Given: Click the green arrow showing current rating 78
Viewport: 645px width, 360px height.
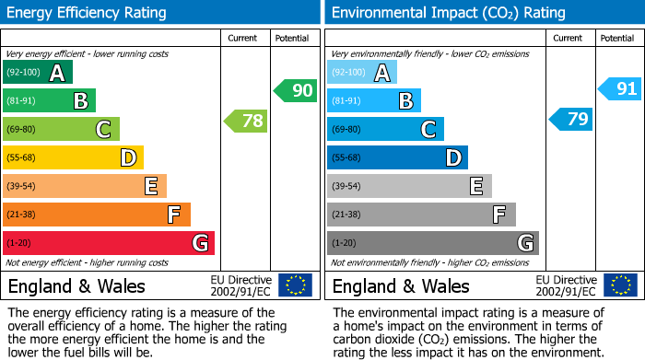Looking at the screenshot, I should pyautogui.click(x=245, y=121).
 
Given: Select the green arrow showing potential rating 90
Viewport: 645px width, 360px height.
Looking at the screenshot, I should pyautogui.click(x=294, y=91).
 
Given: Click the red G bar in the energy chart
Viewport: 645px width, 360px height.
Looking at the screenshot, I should pyautogui.click(x=109, y=243).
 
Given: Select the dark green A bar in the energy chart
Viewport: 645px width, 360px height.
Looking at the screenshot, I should pyautogui.click(x=38, y=73).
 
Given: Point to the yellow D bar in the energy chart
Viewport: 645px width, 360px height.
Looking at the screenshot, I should pyautogui.click(x=73, y=158).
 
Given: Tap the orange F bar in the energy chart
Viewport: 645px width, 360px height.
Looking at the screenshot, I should pyautogui.click(x=97, y=215).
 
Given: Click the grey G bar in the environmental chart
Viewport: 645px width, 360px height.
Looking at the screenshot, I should pyautogui.click(x=432, y=243).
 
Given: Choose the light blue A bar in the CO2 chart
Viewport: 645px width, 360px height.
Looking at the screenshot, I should pyautogui.click(x=362, y=73).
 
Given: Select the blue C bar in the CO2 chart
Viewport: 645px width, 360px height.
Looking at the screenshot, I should pyautogui.click(x=385, y=130).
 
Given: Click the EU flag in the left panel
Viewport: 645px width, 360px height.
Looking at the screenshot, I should pyautogui.click(x=295, y=285).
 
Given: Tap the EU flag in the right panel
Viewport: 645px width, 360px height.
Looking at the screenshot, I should pyautogui.click(x=619, y=285).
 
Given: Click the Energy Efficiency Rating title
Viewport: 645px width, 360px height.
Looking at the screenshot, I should pyautogui.click(x=88, y=13).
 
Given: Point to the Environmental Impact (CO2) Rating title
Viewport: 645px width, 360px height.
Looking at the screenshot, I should pyautogui.click(x=448, y=13).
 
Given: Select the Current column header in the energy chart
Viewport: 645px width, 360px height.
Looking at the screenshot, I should pyautogui.click(x=244, y=38).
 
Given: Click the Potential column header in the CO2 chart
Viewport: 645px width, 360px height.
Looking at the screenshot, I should pyautogui.click(x=617, y=38).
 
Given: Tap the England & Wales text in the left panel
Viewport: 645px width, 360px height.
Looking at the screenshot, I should pyautogui.click(x=76, y=286).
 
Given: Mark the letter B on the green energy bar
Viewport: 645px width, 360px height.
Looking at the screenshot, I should pyautogui.click(x=80, y=101).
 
